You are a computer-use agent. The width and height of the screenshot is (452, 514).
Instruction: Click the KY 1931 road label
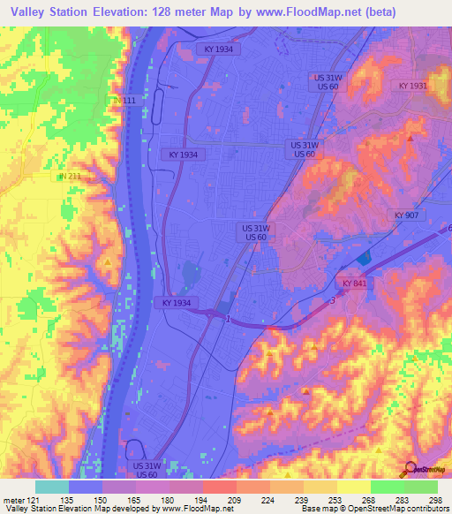pyautogui.click(x=412, y=86)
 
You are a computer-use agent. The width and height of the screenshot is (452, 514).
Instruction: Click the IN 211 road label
pyautogui.click(x=70, y=177)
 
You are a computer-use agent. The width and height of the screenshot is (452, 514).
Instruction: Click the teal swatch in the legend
pyautogui.click(x=52, y=487)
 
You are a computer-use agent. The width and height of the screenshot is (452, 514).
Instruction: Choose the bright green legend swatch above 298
pyautogui.click(x=421, y=487)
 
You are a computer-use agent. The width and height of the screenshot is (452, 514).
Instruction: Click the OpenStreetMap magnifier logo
pyautogui.click(x=409, y=468)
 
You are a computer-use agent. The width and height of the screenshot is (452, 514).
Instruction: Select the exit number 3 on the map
pyautogui.click(x=332, y=301)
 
